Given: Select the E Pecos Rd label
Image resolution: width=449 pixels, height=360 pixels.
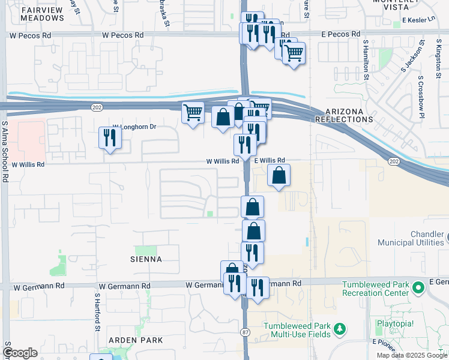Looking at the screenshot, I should coord(341,34).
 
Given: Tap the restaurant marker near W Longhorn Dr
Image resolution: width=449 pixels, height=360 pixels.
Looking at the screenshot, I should coord(110,137).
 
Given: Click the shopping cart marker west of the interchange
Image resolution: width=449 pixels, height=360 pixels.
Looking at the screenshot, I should coord(193,112).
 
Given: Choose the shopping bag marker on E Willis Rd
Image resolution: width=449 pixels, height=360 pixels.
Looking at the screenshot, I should coord(279,176).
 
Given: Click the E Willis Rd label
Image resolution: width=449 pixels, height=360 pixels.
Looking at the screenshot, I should coord(269,161).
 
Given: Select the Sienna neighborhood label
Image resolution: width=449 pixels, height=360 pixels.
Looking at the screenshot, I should coord(146,259).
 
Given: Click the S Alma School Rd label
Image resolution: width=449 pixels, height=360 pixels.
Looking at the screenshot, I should coord(4,150).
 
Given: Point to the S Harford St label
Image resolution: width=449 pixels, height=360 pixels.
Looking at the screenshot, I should coord(96,312).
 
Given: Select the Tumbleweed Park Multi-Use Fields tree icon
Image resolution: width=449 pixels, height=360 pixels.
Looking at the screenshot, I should coord(340,329).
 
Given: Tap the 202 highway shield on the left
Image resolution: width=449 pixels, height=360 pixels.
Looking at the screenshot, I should coord(97,107).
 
